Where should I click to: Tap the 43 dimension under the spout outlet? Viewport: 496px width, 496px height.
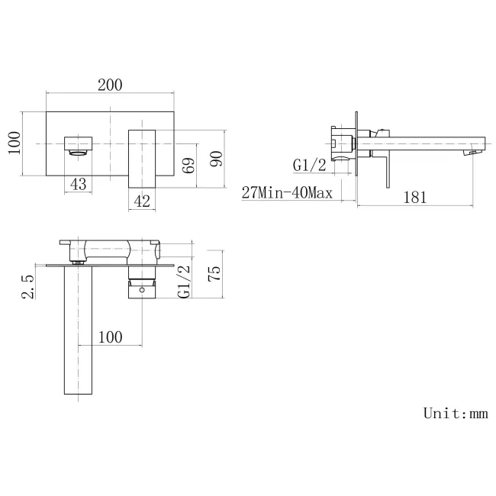tap(78, 183)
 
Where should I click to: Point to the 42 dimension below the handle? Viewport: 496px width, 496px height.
tap(142, 201)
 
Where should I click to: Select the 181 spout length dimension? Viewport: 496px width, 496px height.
tap(414, 196)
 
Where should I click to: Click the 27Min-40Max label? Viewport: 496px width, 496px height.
tap(287, 193)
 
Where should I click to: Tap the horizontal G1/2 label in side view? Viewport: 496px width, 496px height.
tap(311, 165)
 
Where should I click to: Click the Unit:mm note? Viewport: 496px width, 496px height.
tap(455, 414)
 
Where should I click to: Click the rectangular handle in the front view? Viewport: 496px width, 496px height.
tap(142, 156)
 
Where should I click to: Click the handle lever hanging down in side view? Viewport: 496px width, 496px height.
tap(388, 169)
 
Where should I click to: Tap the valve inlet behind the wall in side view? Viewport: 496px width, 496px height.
tap(342, 142)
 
